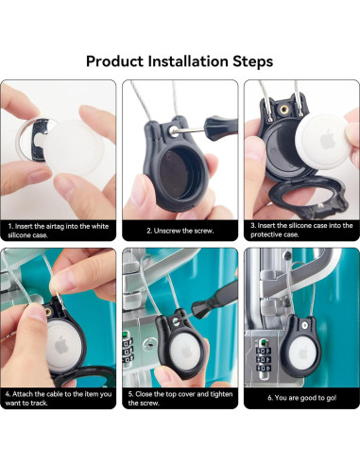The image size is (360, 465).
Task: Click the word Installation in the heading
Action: click(x=188, y=60)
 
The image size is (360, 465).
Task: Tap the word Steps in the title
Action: click(x=252, y=61)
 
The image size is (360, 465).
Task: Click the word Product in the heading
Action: click(x=114, y=60)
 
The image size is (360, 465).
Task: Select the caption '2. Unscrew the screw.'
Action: click(x=180, y=231)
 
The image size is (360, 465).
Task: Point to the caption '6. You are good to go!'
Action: click(x=301, y=398)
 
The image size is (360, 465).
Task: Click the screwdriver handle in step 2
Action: click(x=221, y=124)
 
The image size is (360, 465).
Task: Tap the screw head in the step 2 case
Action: click(x=173, y=129)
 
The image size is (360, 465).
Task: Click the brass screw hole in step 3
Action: click(x=284, y=110)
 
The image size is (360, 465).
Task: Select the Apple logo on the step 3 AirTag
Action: click(x=328, y=139)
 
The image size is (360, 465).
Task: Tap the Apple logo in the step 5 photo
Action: click(x=187, y=351)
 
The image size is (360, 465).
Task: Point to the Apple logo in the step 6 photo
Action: click(x=302, y=353)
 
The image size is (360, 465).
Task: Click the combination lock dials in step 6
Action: click(x=263, y=359)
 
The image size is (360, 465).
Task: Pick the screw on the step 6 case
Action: click(x=303, y=324)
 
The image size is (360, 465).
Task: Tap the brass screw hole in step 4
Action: click(x=48, y=312)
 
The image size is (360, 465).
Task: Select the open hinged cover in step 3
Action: click(x=307, y=197)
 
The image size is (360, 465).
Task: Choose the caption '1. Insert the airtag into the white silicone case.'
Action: click(x=59, y=231)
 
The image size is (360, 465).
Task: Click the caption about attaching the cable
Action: click(x=59, y=399)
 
